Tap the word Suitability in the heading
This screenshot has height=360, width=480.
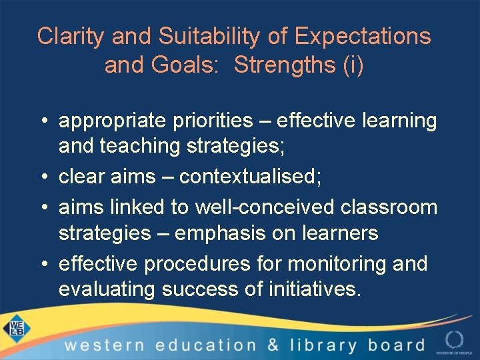(203, 37)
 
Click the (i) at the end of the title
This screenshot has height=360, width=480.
(352, 66)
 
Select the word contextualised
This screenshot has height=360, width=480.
(264, 177)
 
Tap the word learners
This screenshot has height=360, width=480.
(339, 234)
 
